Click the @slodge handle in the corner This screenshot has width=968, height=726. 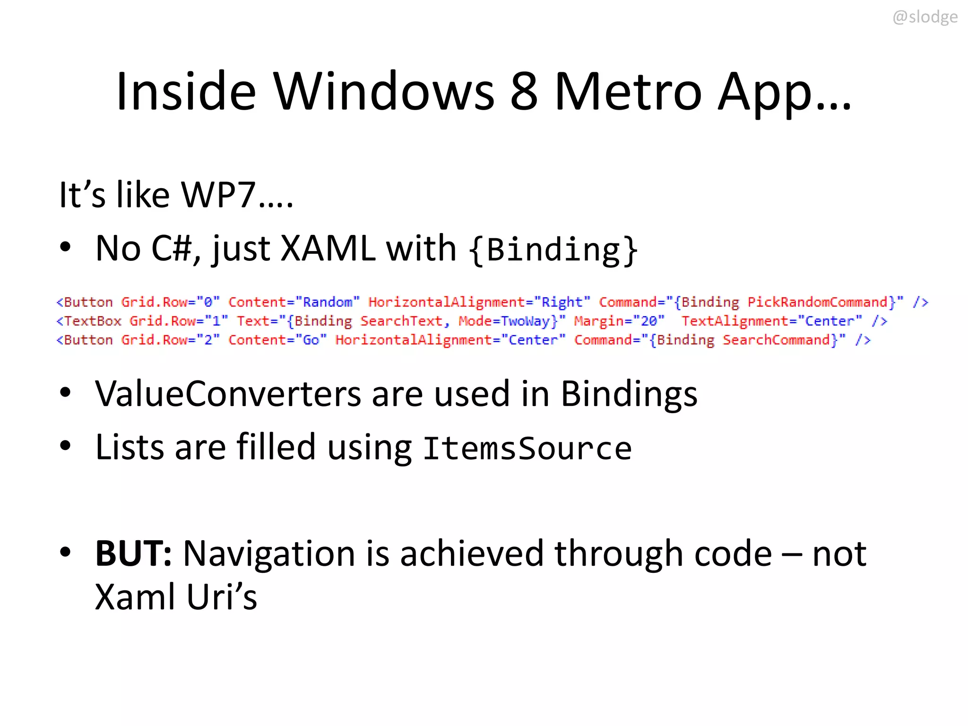point(925,17)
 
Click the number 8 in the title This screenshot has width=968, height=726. point(524,91)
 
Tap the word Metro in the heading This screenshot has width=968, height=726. point(628,91)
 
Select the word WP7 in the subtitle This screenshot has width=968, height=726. point(218,194)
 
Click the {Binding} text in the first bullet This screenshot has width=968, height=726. point(553,249)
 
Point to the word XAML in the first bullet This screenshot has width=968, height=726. point(328,248)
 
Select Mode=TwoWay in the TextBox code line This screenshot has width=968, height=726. point(504,321)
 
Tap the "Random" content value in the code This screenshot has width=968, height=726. point(328,302)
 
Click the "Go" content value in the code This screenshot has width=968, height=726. point(311,340)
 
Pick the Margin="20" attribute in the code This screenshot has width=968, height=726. point(619,321)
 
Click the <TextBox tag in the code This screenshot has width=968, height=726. point(89,321)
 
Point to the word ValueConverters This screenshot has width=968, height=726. point(228,394)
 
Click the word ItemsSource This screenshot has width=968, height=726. point(527,448)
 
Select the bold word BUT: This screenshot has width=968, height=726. point(133,553)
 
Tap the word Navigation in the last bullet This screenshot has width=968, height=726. point(269,553)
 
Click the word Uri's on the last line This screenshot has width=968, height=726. point(222,597)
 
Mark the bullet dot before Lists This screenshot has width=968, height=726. point(65,445)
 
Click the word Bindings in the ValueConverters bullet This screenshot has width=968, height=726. point(629,394)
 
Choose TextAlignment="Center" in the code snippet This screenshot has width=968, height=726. point(771,321)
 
